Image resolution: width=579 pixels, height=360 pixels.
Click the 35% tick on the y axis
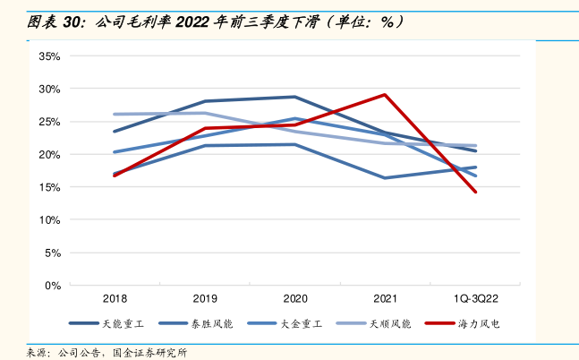[49, 56]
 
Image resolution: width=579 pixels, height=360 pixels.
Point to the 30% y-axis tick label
[49, 89]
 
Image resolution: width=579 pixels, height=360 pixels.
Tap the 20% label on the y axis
[49, 155]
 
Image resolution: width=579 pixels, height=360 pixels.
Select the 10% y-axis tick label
[49, 220]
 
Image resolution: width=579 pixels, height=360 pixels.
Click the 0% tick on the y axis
[52, 286]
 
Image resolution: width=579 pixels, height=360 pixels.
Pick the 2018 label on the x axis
[115, 298]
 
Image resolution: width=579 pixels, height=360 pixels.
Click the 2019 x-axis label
[205, 298]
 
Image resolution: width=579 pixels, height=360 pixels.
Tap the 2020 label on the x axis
[295, 298]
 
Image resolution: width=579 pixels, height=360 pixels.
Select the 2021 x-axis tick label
[385, 298]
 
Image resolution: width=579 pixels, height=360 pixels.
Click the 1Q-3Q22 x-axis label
[476, 298]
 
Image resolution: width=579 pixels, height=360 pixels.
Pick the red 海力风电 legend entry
[473, 323]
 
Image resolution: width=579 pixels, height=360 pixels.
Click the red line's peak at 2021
[385, 94]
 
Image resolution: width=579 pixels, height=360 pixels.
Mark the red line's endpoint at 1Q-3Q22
[476, 192]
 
